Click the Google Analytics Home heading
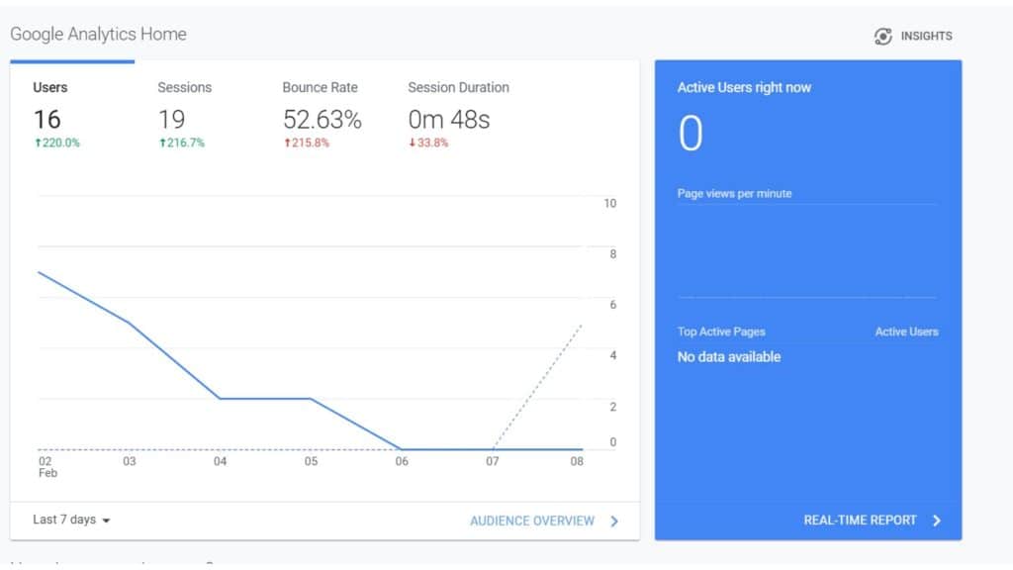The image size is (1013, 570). [x=98, y=34]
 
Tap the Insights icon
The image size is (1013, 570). [x=883, y=37]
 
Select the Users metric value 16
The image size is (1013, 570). [x=46, y=120]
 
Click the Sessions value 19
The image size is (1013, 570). [x=171, y=120]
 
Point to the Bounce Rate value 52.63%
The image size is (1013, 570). [x=322, y=120]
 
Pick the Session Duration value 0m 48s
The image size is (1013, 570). [x=448, y=120]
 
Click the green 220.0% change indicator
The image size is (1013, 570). [x=56, y=142]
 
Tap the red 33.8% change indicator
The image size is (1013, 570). [x=428, y=142]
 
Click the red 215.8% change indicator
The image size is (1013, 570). [x=306, y=142]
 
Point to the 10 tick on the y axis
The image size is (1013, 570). [x=610, y=204]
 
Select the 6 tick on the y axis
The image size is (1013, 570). [x=612, y=305]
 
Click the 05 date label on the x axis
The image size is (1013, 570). [x=311, y=461]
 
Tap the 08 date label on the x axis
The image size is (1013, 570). [x=577, y=461]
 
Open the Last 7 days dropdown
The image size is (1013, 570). [x=71, y=520]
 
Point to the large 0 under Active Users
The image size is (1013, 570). [x=691, y=134]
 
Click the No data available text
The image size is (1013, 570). [x=729, y=356]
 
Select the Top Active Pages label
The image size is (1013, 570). [x=721, y=332]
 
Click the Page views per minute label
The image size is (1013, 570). [x=734, y=194]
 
